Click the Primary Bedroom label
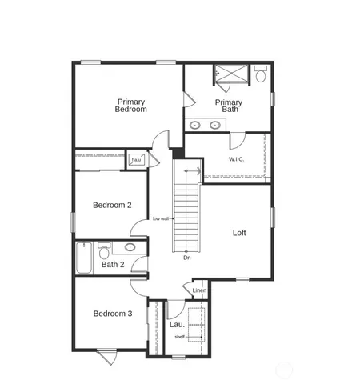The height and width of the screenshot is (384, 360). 131,106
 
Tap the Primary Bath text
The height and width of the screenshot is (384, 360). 228,106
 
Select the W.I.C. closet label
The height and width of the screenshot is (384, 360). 236,159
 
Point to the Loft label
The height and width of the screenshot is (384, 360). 239,233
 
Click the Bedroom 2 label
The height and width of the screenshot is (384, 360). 112,206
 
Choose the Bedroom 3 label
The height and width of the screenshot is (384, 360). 112,314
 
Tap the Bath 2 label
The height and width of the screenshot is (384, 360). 113,264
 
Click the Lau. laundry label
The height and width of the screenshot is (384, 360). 177,325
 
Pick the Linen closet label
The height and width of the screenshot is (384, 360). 199,290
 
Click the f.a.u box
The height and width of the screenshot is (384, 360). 137,161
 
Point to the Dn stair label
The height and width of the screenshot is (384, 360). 186,258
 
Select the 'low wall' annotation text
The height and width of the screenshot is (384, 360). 161,218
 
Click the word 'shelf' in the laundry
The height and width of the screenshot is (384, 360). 180,337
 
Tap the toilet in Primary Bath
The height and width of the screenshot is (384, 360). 260,75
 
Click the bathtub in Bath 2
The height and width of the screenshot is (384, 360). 85,257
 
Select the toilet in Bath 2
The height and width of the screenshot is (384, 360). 104,247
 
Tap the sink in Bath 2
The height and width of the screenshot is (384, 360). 130,248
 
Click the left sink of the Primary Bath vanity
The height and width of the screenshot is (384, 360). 197,125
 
